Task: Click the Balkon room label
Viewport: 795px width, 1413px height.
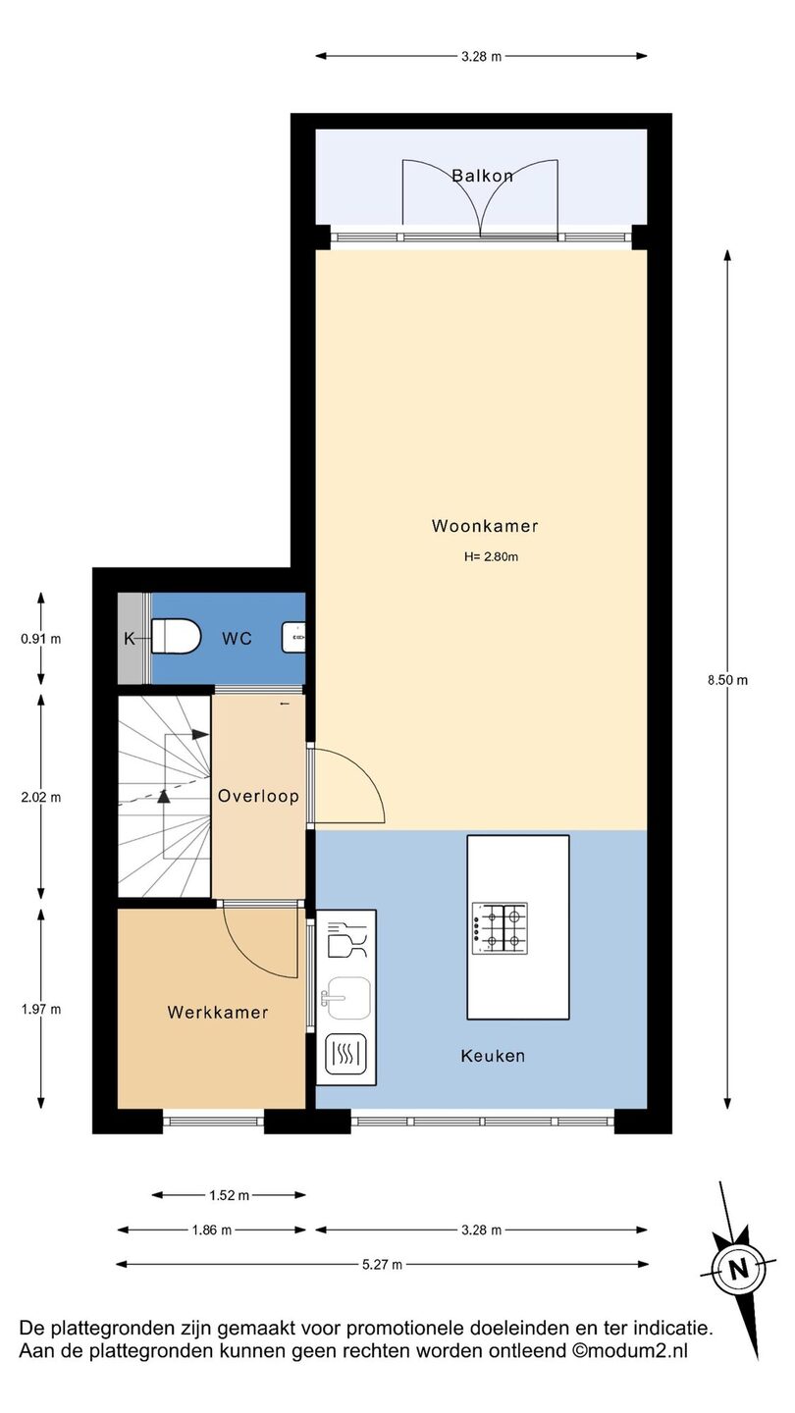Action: tap(483, 176)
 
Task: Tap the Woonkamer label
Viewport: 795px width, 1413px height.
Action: tap(485, 526)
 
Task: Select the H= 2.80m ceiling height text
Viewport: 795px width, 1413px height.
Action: tap(491, 556)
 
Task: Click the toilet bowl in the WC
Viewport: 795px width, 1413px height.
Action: tap(176, 637)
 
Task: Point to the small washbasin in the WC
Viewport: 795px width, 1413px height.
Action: tap(293, 638)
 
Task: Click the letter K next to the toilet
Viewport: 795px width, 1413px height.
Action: tap(130, 639)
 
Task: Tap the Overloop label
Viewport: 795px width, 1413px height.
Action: tap(258, 796)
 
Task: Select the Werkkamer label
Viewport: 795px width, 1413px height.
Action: tap(218, 1013)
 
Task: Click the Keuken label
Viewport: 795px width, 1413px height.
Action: tap(493, 1056)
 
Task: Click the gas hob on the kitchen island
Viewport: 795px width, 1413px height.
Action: tap(500, 928)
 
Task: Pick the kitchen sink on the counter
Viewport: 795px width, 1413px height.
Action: tap(346, 998)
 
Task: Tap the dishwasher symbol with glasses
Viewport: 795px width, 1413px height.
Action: tap(347, 940)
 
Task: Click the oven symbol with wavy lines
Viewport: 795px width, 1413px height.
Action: tap(345, 1054)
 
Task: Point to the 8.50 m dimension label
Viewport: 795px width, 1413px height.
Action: tap(727, 680)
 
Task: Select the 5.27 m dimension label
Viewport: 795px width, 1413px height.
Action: tap(383, 1264)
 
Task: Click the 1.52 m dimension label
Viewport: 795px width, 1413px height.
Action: tap(229, 1195)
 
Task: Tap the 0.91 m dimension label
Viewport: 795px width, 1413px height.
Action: tap(41, 639)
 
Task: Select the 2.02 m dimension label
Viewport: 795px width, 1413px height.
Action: tap(41, 798)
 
